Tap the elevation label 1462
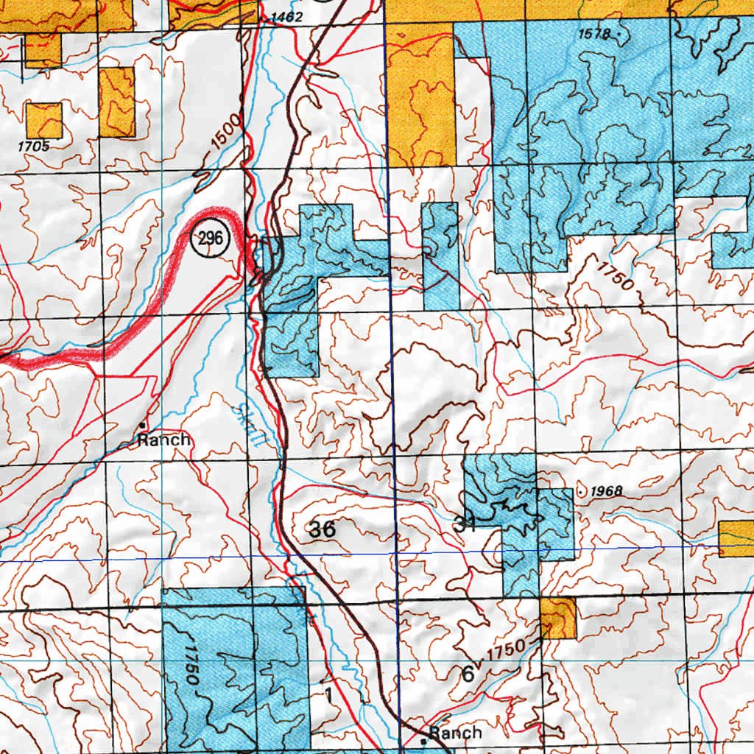point(286,16)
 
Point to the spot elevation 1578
point(596,33)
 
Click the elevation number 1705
point(34,147)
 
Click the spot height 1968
point(607,491)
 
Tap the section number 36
point(323,529)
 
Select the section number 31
point(465,525)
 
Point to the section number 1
point(328,694)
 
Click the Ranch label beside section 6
point(455,733)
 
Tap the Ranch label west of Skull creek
point(165,440)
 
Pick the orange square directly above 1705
point(43,120)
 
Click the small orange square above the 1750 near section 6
point(558,617)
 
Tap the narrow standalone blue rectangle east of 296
point(440,256)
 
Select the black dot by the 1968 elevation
point(582,490)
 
